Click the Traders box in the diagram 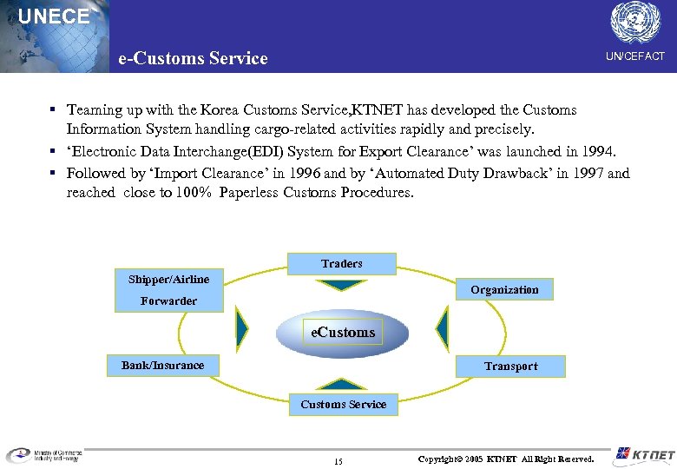342,263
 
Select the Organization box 504,289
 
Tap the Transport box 510,366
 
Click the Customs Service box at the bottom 343,404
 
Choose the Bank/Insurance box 162,365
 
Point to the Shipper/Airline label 168,279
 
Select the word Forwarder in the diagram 168,301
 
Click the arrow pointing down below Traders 341,284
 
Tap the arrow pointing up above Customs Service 342,384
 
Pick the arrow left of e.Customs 242,328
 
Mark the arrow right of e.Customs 443,328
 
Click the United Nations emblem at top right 635,22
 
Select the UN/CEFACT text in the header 635,56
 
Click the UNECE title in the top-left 54,17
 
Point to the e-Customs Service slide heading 193,58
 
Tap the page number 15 338,461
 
